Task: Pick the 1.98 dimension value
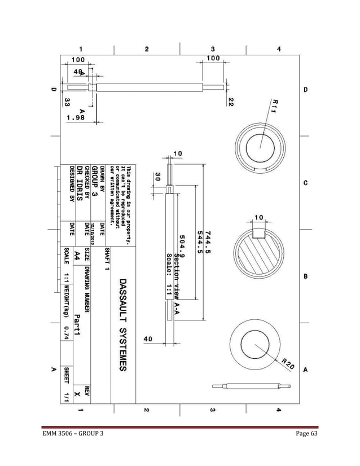pos(76,117)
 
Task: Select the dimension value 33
pos(67,102)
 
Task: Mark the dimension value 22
pos(231,101)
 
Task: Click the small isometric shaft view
pos(252,386)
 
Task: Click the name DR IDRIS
pos(81,181)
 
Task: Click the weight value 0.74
pos(67,334)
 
